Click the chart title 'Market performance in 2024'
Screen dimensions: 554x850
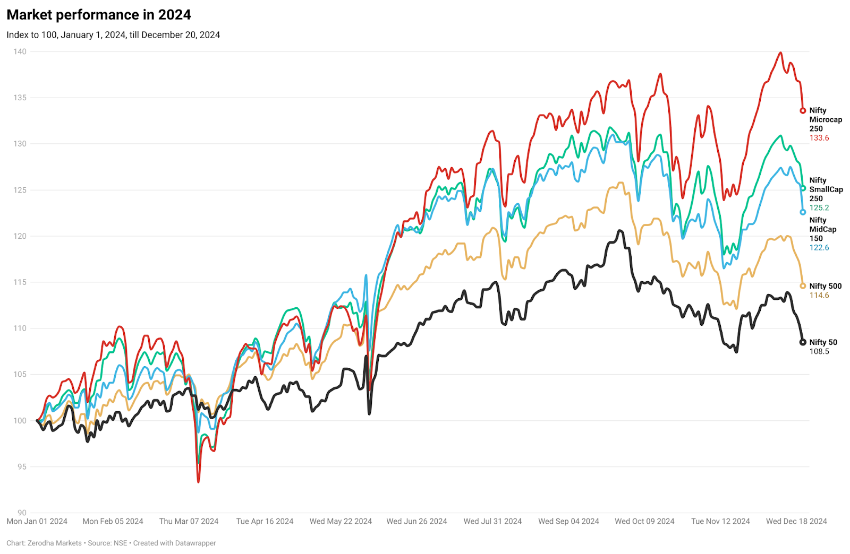tap(98, 15)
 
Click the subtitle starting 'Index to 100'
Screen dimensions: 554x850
tap(113, 35)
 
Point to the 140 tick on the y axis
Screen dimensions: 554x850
tap(20, 51)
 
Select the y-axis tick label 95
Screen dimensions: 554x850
tap(21, 467)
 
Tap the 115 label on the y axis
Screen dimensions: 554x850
tap(20, 282)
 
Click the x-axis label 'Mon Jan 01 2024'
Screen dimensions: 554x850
tap(37, 522)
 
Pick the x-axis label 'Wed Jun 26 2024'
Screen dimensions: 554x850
tap(416, 522)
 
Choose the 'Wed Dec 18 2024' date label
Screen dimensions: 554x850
tap(796, 522)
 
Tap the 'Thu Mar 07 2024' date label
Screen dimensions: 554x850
tap(189, 522)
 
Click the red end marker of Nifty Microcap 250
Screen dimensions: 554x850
tap(803, 111)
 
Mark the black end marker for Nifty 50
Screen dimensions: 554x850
tap(803, 342)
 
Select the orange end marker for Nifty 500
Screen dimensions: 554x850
tap(803, 286)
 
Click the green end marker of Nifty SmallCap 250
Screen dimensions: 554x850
tap(803, 188)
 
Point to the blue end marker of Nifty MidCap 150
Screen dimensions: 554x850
tap(803, 212)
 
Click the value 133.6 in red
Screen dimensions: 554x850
tap(819, 138)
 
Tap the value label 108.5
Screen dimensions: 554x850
tap(819, 352)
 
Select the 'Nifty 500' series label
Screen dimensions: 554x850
tap(825, 287)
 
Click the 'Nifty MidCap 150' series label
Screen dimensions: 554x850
tap(822, 229)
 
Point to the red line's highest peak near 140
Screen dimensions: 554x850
tap(780, 53)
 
